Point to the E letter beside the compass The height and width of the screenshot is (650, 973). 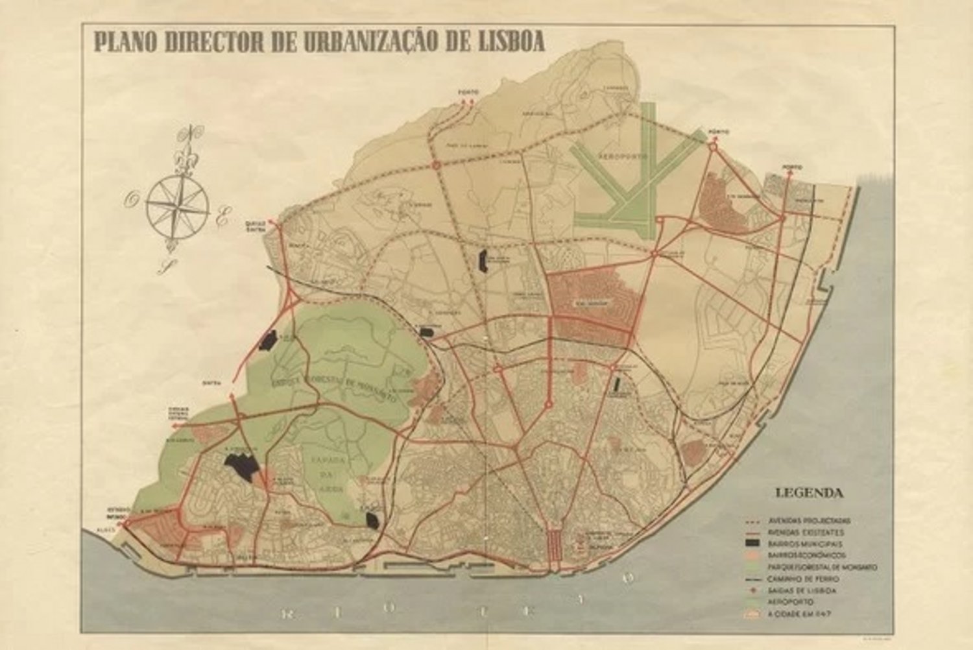[222, 219]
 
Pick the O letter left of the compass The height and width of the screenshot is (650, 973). [131, 200]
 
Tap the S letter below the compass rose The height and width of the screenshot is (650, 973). [165, 266]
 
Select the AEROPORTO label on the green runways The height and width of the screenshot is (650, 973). [625, 158]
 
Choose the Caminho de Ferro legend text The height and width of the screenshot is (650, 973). [803, 579]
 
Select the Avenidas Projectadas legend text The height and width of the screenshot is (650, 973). [808, 521]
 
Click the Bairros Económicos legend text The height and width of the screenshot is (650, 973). [806, 555]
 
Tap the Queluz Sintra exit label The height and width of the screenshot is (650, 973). [256, 225]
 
